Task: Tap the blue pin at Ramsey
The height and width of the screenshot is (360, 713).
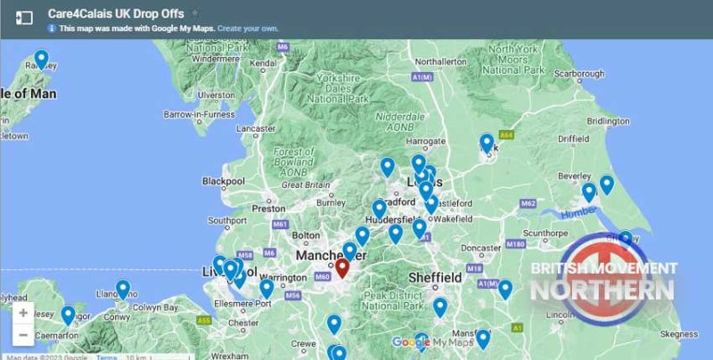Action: [x=41, y=59]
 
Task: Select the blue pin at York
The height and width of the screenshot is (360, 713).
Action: [x=487, y=142]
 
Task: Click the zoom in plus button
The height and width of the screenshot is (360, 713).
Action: [x=23, y=314]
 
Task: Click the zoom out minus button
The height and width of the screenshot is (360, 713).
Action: [x=23, y=335]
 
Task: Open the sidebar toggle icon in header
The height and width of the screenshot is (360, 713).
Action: [x=24, y=17]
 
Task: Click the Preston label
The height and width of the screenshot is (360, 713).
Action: [x=267, y=209]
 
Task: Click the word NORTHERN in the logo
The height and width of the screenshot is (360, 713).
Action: [x=602, y=290]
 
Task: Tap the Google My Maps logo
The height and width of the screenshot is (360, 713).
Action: [x=433, y=342]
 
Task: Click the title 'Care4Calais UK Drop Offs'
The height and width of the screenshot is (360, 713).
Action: [x=116, y=13]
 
